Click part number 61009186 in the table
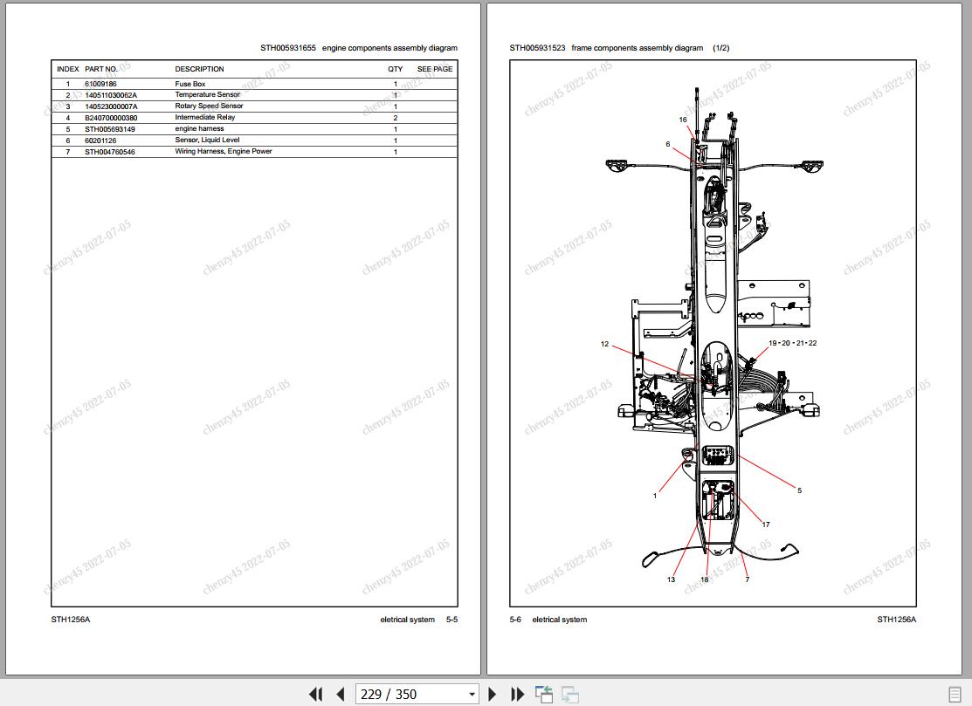click(100, 84)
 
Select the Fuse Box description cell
click(190, 84)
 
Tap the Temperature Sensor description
click(207, 95)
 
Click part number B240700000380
click(111, 118)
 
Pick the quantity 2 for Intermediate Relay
click(396, 118)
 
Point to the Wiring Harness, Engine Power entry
click(224, 151)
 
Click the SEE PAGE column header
click(435, 69)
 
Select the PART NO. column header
click(101, 69)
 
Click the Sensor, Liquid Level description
click(207, 140)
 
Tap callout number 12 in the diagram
click(604, 344)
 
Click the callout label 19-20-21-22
click(792, 342)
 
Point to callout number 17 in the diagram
click(766, 524)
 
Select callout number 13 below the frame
click(671, 579)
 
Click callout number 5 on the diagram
click(799, 490)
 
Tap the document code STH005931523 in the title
click(537, 48)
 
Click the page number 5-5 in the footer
click(452, 620)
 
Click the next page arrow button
click(493, 695)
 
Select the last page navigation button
click(517, 695)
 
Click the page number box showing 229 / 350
click(417, 695)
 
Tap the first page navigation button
click(315, 695)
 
